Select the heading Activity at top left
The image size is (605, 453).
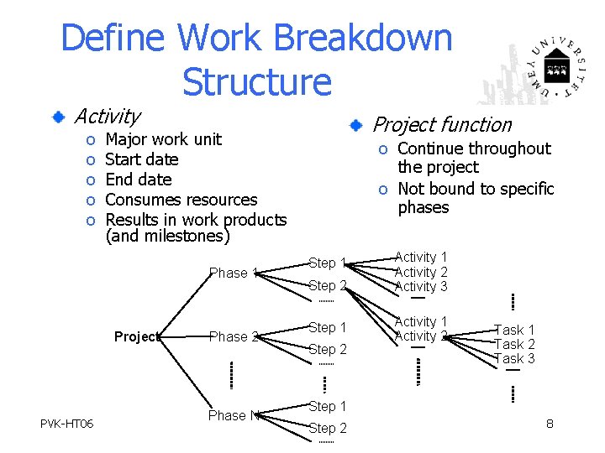pos(107,116)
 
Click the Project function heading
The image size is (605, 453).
pos(442,125)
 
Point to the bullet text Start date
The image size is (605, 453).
pos(142,159)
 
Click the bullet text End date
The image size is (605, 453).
pos(139,180)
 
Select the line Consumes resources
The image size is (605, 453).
pos(181,200)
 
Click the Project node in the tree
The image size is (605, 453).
pos(135,336)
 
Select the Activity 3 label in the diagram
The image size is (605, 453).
pos(421,287)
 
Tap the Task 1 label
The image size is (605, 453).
pos(514,330)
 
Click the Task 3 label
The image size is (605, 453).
pos(514,358)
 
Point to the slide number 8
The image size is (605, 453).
pos(550,424)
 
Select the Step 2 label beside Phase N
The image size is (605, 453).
pos(328,428)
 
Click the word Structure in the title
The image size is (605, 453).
pos(256,81)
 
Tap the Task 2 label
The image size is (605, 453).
pos(514,344)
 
